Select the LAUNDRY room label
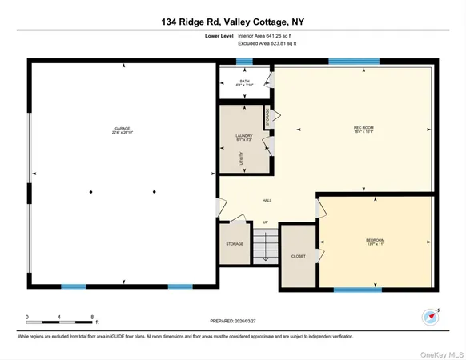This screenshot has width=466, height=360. [x=244, y=138]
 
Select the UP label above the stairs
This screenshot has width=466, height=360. [x=265, y=222]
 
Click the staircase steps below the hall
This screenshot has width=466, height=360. [x=265, y=244]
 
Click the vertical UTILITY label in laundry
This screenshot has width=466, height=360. [x=240, y=158]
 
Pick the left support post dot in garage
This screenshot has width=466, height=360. [x=90, y=191]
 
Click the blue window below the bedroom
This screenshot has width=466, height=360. [x=357, y=290]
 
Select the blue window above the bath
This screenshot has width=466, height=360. [x=244, y=61]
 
